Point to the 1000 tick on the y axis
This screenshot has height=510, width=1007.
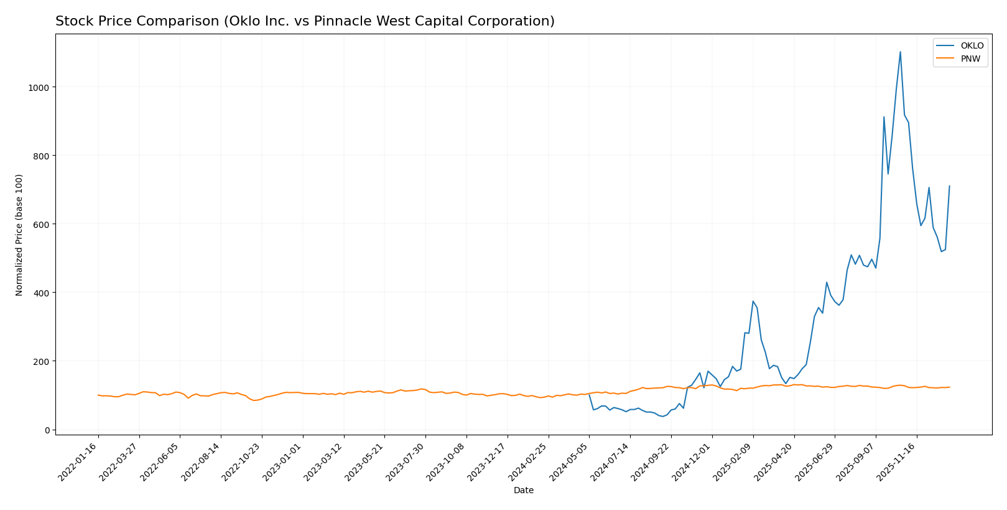[39, 87]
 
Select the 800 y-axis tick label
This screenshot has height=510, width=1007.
[41, 156]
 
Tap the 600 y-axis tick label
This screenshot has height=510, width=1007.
[41, 224]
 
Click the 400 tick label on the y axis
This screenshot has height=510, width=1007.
[41, 293]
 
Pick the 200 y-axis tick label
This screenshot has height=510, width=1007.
[41, 361]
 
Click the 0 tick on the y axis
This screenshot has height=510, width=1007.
[47, 430]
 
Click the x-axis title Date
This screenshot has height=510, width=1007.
[523, 491]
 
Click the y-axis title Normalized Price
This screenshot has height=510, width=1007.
[19, 235]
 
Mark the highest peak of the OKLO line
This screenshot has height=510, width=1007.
[900, 52]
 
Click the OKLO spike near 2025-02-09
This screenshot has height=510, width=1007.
[753, 301]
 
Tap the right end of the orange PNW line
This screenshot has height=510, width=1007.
[949, 387]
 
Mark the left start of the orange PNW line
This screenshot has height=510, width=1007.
[98, 395]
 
